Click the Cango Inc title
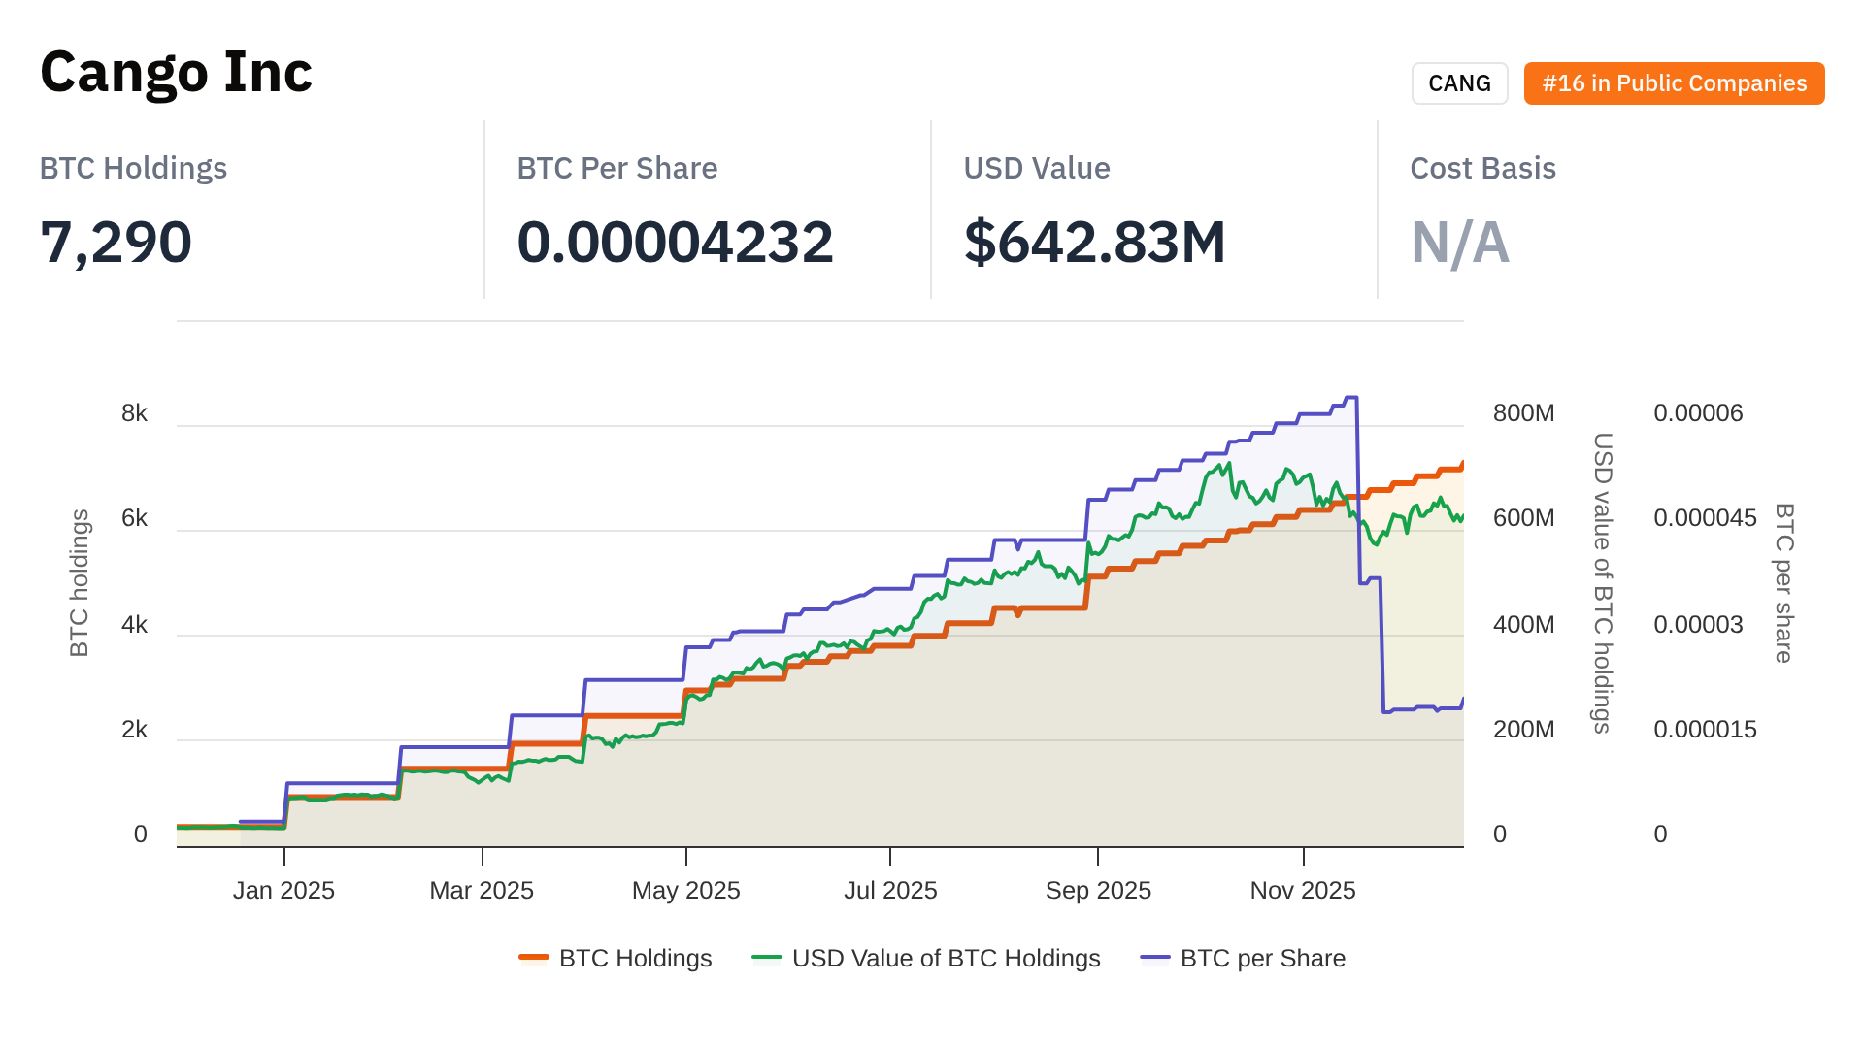(176, 73)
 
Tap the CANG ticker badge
(1459, 83)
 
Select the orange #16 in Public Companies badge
(1674, 83)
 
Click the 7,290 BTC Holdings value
(116, 242)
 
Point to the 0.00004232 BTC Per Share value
(675, 242)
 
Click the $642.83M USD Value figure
(1094, 242)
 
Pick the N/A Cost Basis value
(1459, 242)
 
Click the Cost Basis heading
(1482, 168)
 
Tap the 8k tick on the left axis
(134, 413)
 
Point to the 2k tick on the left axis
(134, 730)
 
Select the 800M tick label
(1523, 413)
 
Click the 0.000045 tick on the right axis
(1705, 518)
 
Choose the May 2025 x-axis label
(685, 891)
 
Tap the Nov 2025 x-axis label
(1302, 891)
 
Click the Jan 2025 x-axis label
(283, 891)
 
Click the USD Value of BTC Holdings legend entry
(926, 959)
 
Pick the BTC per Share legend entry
(1244, 959)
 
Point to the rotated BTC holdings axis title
(80, 582)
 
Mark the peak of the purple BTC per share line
(1350, 398)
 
